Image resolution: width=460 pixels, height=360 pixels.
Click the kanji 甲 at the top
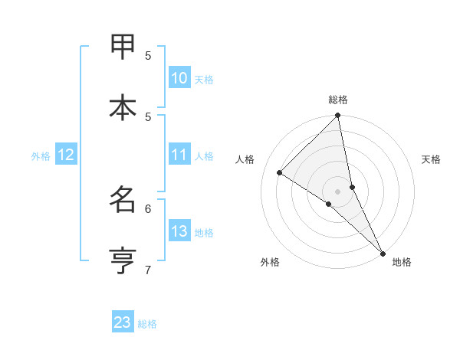tap(123, 47)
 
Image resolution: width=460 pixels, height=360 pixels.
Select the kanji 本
tap(123, 108)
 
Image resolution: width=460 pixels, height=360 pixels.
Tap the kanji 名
tap(123, 200)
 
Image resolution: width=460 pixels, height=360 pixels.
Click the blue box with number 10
tap(179, 78)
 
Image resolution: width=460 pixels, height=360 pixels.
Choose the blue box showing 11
tap(179, 155)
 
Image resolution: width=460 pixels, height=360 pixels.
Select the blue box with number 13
tap(179, 231)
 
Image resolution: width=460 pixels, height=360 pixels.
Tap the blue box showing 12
tap(66, 155)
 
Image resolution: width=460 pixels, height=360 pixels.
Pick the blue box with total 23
tap(123, 322)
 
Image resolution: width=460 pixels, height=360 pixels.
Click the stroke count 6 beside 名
tap(149, 208)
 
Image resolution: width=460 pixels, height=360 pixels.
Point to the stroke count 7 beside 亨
tap(149, 269)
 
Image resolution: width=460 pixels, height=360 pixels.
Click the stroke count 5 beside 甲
tap(149, 55)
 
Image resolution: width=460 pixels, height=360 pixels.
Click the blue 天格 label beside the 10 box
tap(204, 80)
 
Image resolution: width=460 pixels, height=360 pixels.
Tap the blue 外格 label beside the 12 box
tap(41, 156)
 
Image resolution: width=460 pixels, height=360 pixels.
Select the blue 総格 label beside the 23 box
tap(147, 324)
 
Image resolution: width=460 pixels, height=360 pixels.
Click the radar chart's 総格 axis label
tap(338, 100)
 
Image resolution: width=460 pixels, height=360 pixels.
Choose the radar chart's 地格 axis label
tap(402, 262)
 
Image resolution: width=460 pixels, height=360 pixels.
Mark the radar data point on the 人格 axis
tap(280, 172)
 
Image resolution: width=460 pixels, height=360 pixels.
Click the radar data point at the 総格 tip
tap(338, 116)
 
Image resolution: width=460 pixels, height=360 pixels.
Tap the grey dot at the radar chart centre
tap(338, 191)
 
